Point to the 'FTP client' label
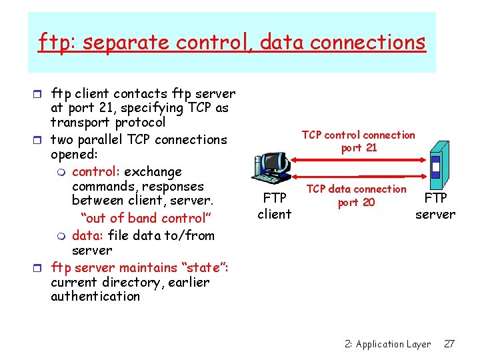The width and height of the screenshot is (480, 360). (x=275, y=206)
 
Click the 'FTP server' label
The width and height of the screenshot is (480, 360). (x=435, y=206)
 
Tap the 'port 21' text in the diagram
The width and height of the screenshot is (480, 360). (x=359, y=148)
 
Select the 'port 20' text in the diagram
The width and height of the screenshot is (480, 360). (x=357, y=202)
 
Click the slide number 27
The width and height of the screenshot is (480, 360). (x=449, y=344)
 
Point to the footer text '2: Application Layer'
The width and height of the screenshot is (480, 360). (x=387, y=344)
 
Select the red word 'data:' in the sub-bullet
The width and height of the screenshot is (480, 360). (x=86, y=235)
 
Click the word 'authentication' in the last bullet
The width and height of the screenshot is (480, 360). (x=95, y=297)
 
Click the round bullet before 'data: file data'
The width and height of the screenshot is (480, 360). (x=61, y=235)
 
